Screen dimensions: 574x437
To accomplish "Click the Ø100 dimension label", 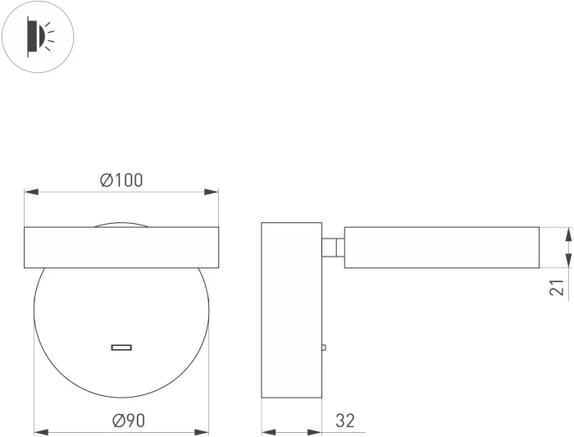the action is pyautogui.click(x=121, y=180).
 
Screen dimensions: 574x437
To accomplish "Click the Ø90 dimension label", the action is pyautogui.click(x=129, y=421).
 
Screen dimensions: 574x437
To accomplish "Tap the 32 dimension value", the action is pyautogui.click(x=345, y=421).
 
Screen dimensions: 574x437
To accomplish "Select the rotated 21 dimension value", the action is pyautogui.click(x=557, y=287).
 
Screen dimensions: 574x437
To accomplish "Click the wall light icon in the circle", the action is pyautogui.click(x=38, y=37).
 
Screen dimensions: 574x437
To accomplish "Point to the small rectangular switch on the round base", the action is pyautogui.click(x=121, y=348).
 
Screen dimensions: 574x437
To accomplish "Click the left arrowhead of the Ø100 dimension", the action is pyautogui.click(x=31, y=192).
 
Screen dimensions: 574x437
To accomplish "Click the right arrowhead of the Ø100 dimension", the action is pyautogui.click(x=212, y=192).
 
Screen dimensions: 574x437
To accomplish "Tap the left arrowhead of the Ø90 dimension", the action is pyautogui.click(x=41, y=432).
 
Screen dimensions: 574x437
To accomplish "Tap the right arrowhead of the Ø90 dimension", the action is pyautogui.click(x=202, y=432).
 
